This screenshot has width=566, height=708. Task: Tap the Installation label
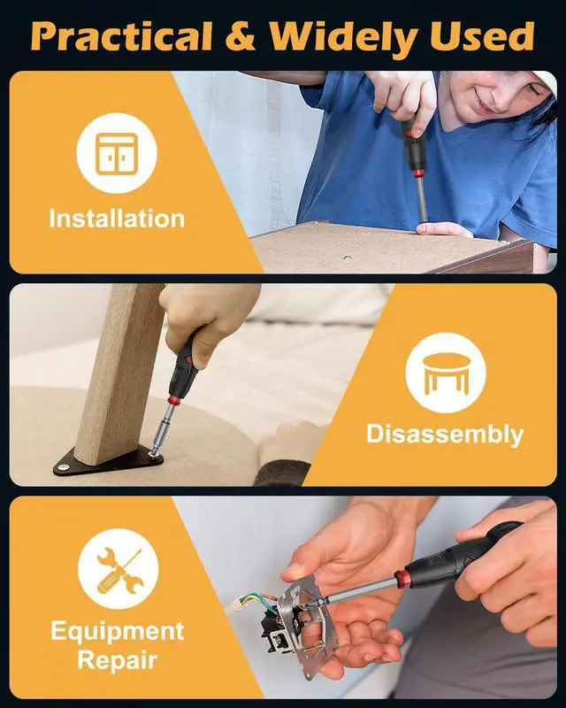point(117,219)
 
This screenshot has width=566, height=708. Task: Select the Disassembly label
point(445,434)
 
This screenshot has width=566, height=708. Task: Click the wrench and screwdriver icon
point(118,568)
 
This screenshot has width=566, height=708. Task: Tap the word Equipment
point(118,631)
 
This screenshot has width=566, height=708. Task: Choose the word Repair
point(118,659)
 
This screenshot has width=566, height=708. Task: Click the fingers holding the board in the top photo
point(442,230)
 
